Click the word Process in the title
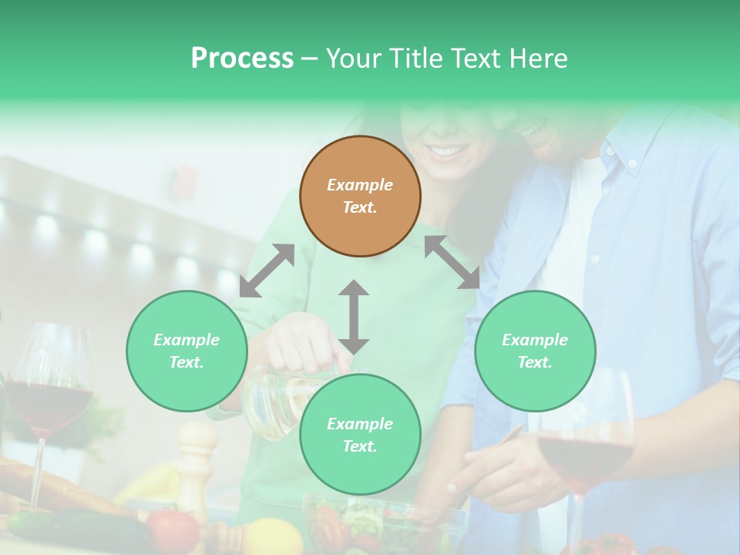(242, 59)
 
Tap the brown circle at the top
(360, 196)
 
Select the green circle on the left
(187, 351)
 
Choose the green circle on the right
(535, 351)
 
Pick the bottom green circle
(360, 435)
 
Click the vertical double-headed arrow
(354, 317)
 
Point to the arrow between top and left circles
(267, 271)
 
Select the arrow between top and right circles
(452, 262)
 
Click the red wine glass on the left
(50, 393)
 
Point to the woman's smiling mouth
(446, 150)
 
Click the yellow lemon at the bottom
(271, 536)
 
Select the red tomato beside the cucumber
(173, 530)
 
